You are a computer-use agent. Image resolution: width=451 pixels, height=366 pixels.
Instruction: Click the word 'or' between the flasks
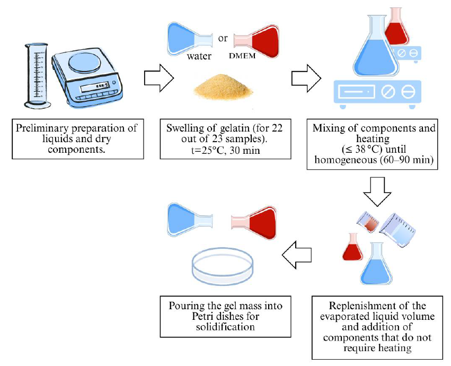click(223, 38)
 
